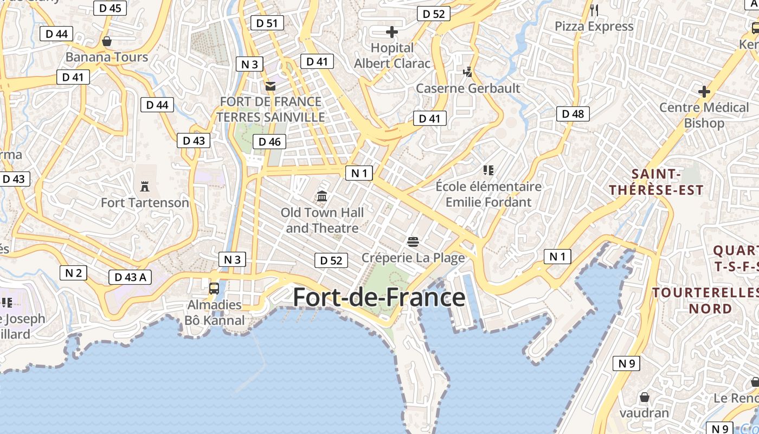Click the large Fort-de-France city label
coord(379,298)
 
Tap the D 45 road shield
coord(111,8)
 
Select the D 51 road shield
coord(267,23)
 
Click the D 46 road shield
coord(269,142)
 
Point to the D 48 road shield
coord(573,113)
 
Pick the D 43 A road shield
coord(131,277)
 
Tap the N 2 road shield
coord(73,273)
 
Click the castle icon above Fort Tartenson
coord(144,187)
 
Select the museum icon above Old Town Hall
coord(322,196)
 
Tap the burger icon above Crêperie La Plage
coord(413,241)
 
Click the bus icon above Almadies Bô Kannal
coord(214,288)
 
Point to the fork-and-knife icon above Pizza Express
coord(594,10)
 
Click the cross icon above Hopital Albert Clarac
coord(391,32)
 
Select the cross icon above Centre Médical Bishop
coord(704,92)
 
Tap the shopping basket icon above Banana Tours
coord(107,41)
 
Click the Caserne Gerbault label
coord(468,88)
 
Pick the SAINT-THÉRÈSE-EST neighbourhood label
coord(656,182)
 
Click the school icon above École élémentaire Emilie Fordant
coord(488,170)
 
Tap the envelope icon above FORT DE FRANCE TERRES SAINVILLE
coord(271,86)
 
